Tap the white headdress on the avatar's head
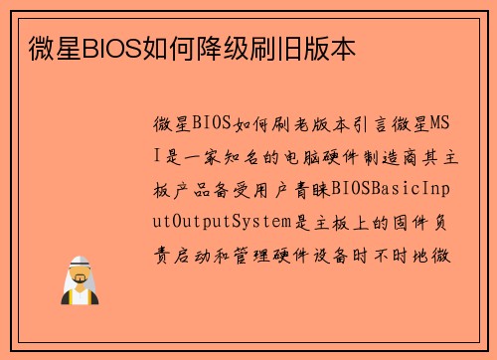click(x=79, y=266)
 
